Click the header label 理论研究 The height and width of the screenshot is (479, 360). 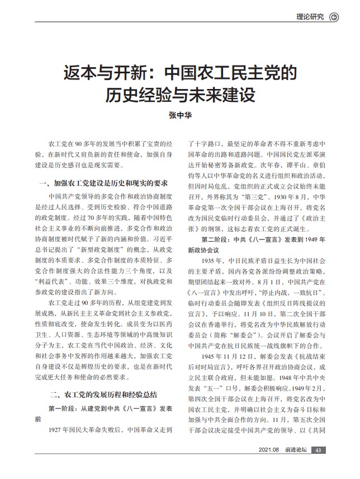point(310,17)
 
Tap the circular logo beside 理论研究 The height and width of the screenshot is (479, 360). point(334,17)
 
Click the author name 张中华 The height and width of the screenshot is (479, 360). point(179,116)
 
